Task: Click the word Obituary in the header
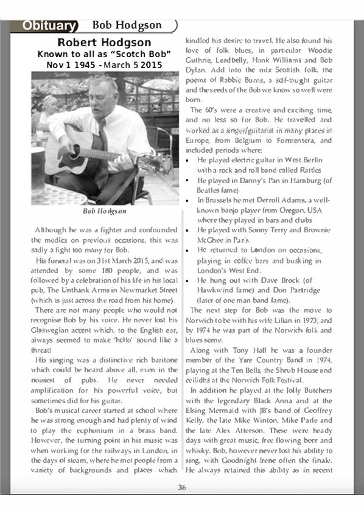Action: pos(49,26)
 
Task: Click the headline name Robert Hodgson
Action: pos(104,43)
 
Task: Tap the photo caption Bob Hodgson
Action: pos(105,211)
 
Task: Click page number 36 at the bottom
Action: pos(181,486)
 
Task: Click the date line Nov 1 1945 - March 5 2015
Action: pos(104,64)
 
